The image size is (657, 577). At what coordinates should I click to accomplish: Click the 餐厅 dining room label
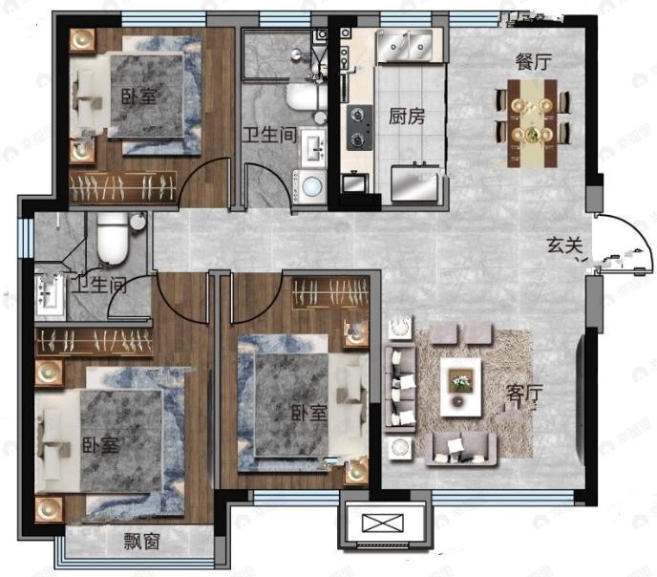(533, 62)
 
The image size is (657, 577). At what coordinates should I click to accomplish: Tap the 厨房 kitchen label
(407, 117)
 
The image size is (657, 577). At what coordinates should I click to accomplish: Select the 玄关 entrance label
(564, 246)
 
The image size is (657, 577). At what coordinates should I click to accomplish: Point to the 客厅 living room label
(524, 393)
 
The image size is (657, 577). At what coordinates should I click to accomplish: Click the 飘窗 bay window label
(142, 542)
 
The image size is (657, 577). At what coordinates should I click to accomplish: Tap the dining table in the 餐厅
(532, 123)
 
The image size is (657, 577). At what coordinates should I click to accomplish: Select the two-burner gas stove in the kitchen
(359, 127)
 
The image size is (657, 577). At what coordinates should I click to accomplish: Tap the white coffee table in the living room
(460, 387)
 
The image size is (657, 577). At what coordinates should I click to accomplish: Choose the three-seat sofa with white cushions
(400, 388)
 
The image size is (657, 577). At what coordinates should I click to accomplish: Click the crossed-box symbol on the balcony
(382, 523)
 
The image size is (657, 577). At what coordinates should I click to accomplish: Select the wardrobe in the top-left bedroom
(122, 187)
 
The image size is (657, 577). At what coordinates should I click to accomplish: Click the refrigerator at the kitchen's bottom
(415, 183)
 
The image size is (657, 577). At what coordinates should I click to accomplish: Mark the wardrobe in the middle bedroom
(330, 292)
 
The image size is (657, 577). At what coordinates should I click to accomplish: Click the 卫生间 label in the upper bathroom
(269, 135)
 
